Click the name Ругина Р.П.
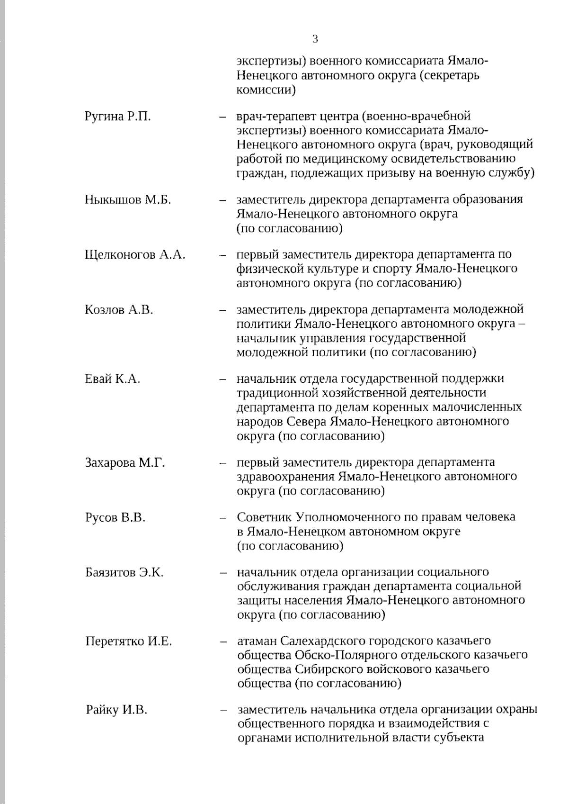[x=118, y=117]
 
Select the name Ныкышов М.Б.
[x=128, y=199]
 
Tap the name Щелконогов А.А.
[x=135, y=255]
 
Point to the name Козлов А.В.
[x=119, y=310]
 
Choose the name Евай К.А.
[x=113, y=379]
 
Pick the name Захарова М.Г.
[x=125, y=462]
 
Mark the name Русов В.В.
[x=115, y=517]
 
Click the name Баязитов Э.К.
[x=124, y=572]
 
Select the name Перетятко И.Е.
[x=129, y=641]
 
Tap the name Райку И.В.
[x=116, y=710]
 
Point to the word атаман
[x=257, y=641]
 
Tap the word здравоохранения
[x=284, y=476]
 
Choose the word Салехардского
[x=321, y=641]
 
